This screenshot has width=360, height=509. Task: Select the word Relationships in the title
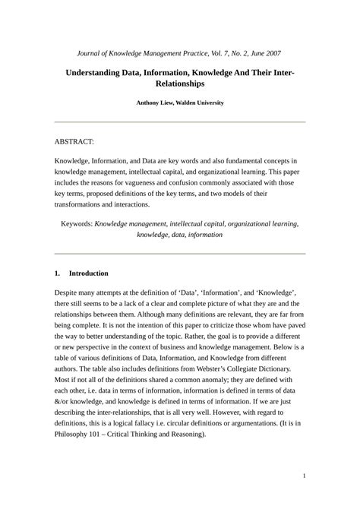click(x=180, y=84)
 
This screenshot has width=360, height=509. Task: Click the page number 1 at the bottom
click(x=303, y=476)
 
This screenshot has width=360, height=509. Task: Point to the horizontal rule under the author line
click(x=180, y=122)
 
